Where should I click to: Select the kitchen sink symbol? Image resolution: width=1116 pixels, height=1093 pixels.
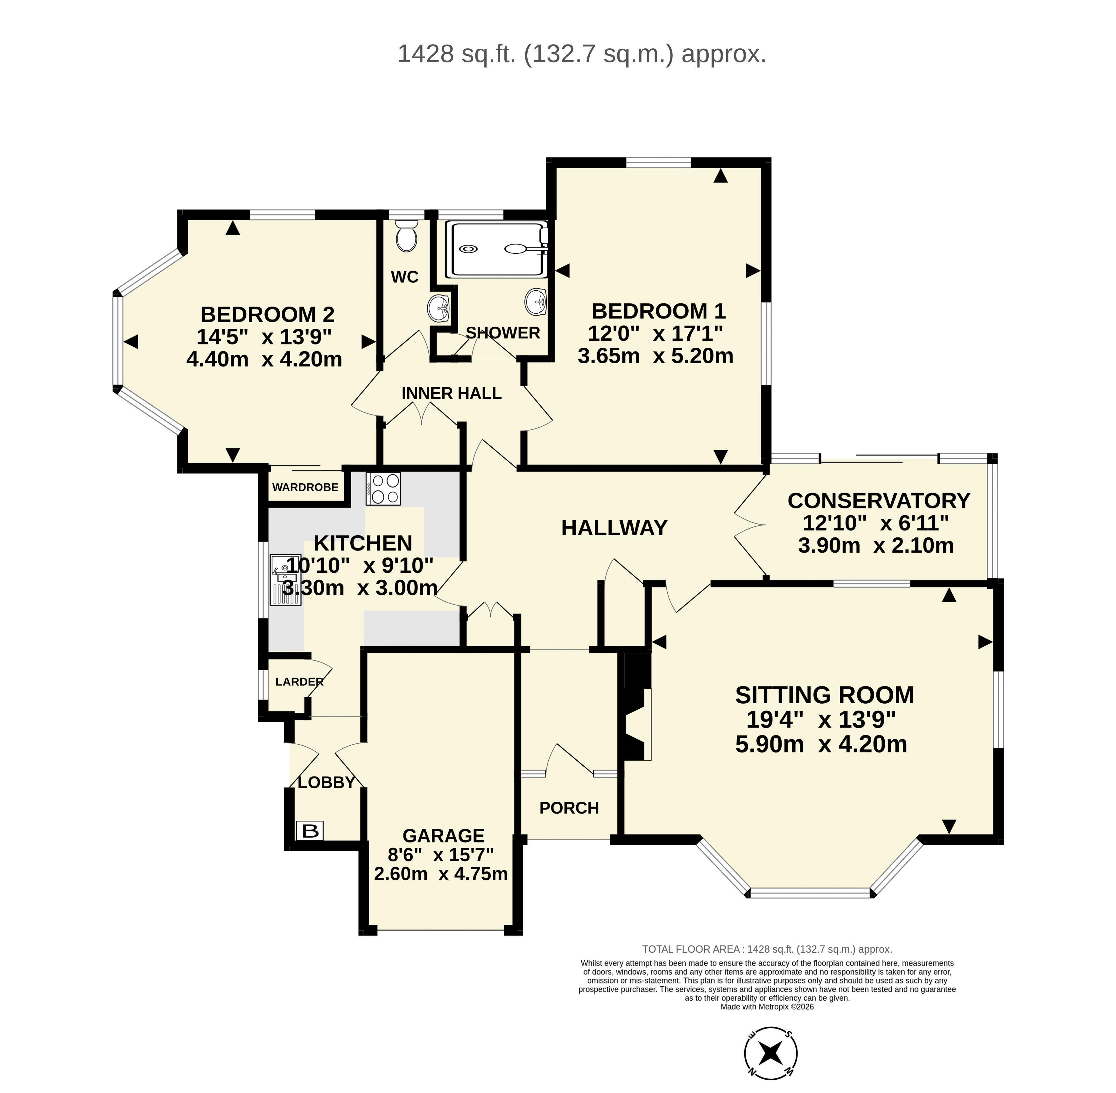coord(286,579)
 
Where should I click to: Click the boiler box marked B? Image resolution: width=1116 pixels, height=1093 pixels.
coord(310,831)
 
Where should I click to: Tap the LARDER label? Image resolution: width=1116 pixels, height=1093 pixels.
coord(299,681)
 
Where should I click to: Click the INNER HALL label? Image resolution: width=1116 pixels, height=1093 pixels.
coord(452,393)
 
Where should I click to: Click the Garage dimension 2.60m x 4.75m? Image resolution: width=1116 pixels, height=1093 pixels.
coord(441,874)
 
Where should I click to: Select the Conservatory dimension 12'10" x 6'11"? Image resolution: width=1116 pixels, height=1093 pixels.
coord(876,523)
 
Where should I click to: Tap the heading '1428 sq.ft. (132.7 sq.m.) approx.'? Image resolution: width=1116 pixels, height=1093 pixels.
coord(582,54)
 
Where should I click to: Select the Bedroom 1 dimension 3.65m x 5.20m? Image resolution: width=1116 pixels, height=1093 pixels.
coord(655,356)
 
